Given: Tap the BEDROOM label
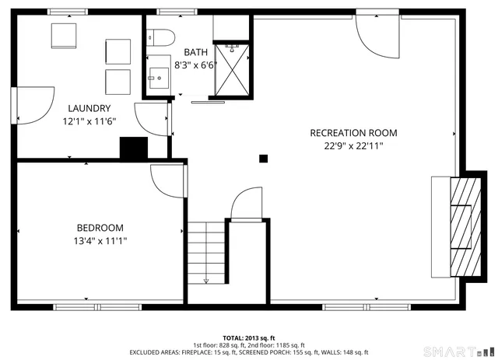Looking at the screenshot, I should pyautogui.click(x=100, y=228).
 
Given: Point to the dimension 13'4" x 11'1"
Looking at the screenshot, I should pyautogui.click(x=100, y=241).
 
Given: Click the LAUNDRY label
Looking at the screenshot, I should pyautogui.click(x=89, y=108).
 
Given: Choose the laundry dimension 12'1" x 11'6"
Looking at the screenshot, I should pyautogui.click(x=89, y=121).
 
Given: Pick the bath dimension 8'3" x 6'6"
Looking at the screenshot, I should pyautogui.click(x=195, y=65).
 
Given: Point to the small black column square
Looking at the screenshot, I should pyautogui.click(x=264, y=159).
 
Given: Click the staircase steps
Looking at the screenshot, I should pyautogui.click(x=206, y=251).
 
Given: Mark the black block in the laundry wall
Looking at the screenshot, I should pyautogui.click(x=133, y=148).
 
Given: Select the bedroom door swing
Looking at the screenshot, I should pyautogui.click(x=166, y=183).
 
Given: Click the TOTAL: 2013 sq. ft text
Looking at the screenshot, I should pyautogui.click(x=249, y=338).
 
